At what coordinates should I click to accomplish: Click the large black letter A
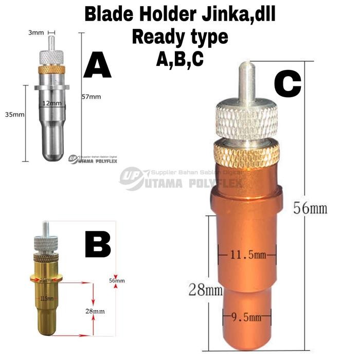click(97, 65)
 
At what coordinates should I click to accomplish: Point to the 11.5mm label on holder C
click(247, 254)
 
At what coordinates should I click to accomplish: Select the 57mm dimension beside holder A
click(92, 96)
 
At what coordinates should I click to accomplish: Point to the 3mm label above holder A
click(35, 32)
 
